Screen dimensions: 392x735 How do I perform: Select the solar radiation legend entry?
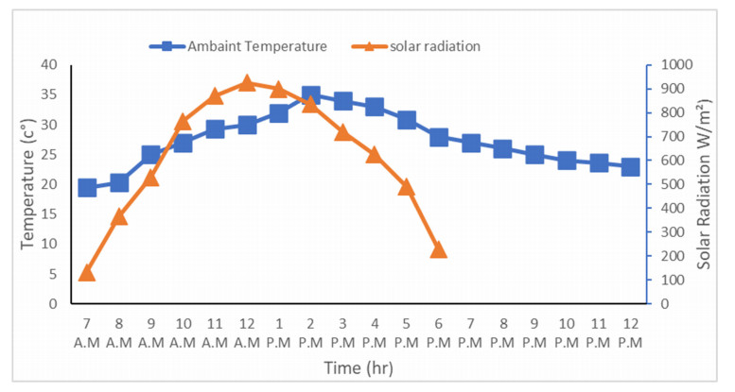pos(421,45)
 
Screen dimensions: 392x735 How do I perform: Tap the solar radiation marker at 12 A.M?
pos(247,83)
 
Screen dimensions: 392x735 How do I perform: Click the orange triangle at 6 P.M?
pos(438,249)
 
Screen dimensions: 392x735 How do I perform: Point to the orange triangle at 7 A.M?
pos(87,273)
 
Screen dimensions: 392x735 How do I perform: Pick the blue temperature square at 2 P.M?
pos(310,95)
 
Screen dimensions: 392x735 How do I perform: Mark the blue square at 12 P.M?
pos(630,167)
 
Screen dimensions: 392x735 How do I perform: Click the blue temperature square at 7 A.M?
pos(87,188)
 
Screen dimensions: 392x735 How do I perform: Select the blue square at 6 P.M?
pos(438,137)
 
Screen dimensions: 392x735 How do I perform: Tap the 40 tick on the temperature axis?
pos(49,65)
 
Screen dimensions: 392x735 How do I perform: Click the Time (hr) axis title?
pos(359,366)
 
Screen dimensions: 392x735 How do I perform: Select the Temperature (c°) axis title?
pos(27,184)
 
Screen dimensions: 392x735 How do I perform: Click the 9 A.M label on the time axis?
pos(150,332)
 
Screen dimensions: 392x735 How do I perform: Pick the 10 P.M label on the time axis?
pos(567,332)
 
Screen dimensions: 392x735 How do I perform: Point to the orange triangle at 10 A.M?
pos(183,122)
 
